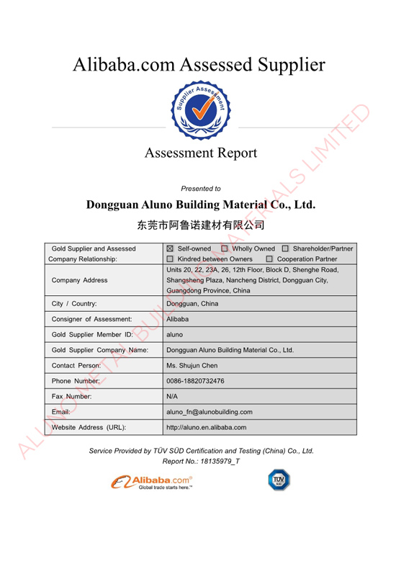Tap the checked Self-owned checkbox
pyautogui.click(x=170, y=248)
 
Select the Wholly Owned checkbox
pyautogui.click(x=224, y=248)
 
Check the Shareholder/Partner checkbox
pyautogui.click(x=285, y=248)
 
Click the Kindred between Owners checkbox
pyautogui.click(x=170, y=259)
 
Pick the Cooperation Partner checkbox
pyautogui.click(x=269, y=259)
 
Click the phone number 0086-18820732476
pyautogui.click(x=195, y=381)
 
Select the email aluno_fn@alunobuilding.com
pyautogui.click(x=209, y=412)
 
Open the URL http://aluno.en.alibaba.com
pyautogui.click(x=206, y=428)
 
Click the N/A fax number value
pyautogui.click(x=172, y=397)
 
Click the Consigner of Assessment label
pyautogui.click(x=91, y=318)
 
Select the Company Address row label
pyautogui.click(x=79, y=279)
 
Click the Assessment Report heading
pyautogui.click(x=200, y=153)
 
